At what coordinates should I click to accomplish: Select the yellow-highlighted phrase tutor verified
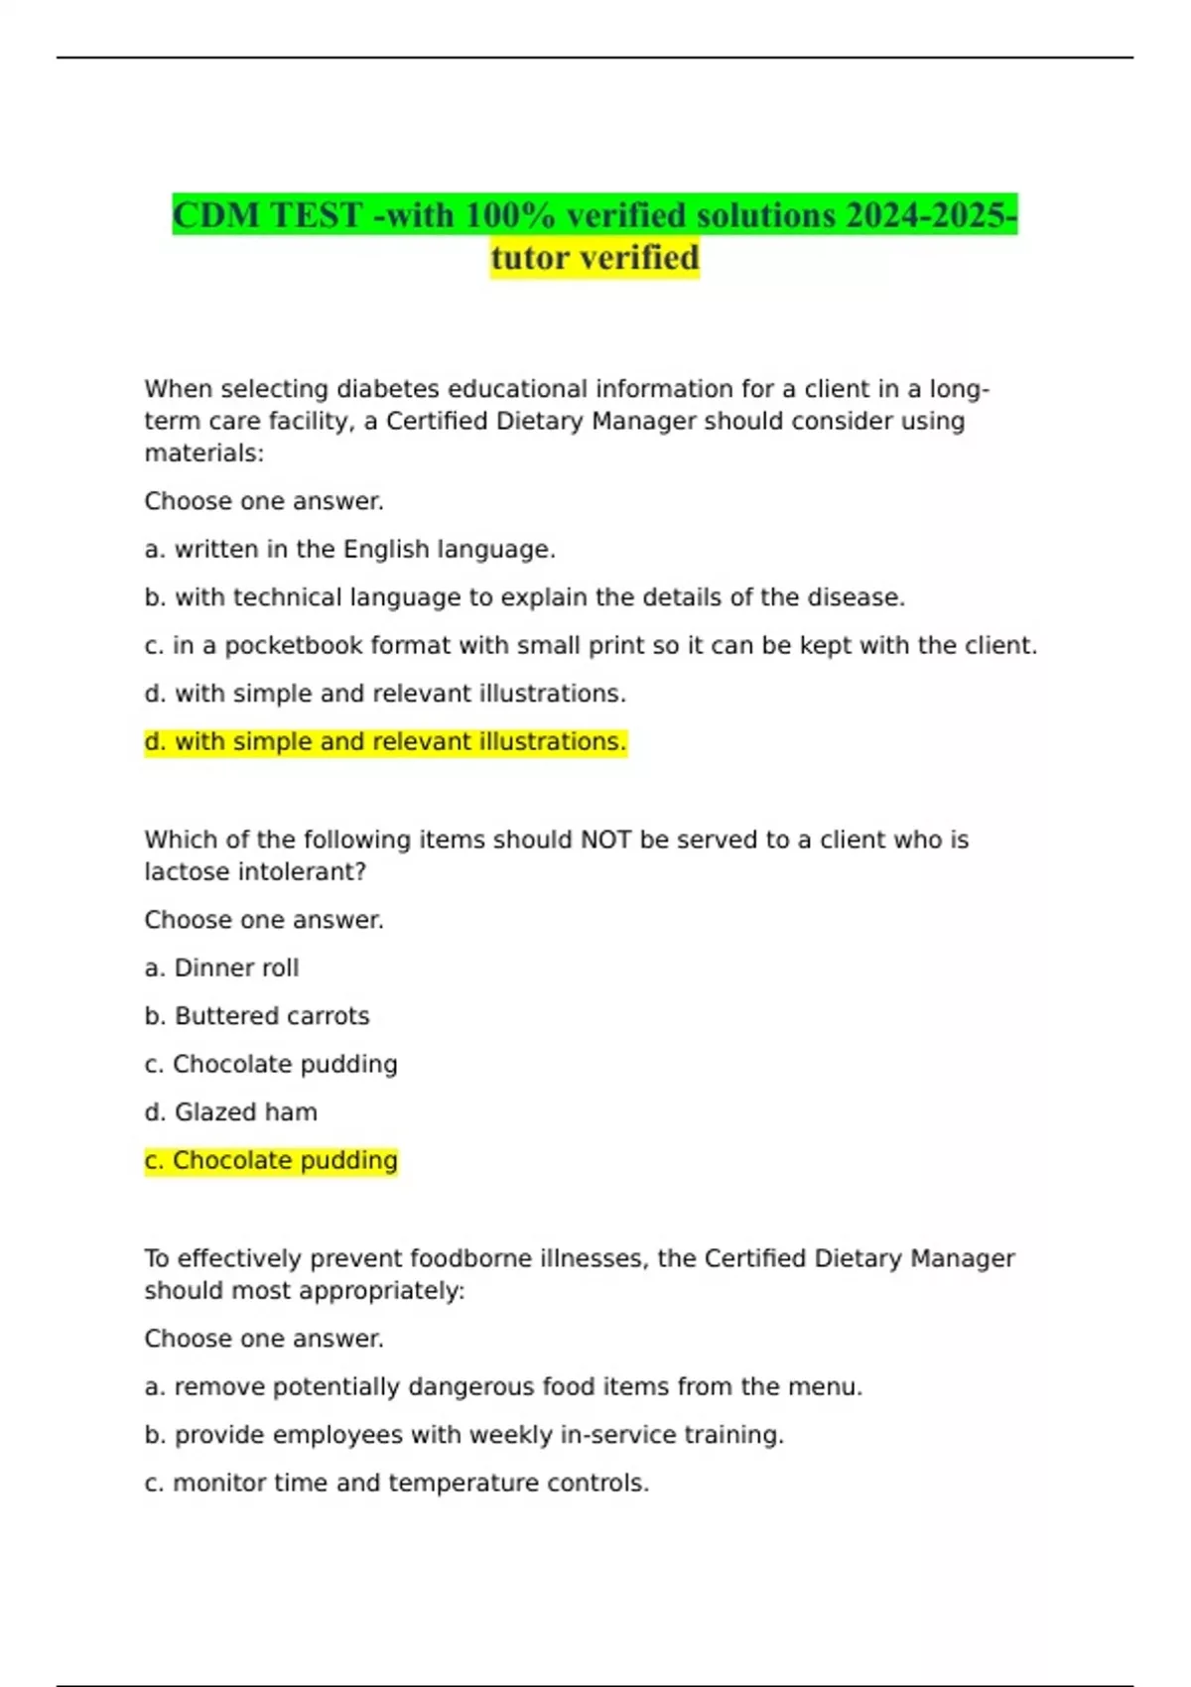click(595, 258)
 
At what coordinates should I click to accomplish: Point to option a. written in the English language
click(349, 550)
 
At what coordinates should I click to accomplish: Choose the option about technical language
click(524, 597)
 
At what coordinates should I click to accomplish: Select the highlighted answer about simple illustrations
click(385, 742)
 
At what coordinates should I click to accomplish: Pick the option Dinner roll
click(221, 968)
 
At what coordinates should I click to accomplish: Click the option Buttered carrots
click(257, 1016)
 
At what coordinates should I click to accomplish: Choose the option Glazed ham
click(231, 1112)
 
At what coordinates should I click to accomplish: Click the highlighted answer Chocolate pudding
click(271, 1160)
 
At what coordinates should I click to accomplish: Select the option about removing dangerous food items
click(503, 1386)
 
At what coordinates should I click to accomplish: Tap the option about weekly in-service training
click(463, 1435)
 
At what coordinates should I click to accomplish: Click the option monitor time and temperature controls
click(396, 1483)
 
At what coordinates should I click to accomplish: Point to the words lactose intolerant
click(254, 872)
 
